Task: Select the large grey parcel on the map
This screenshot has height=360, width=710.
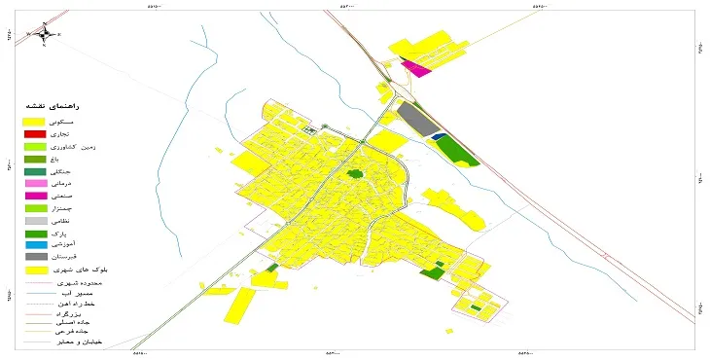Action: click(x=416, y=120)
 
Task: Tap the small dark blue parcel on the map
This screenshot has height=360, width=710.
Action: click(x=438, y=136)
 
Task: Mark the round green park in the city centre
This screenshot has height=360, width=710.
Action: click(x=355, y=174)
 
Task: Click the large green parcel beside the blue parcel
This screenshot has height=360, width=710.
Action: click(x=459, y=150)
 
